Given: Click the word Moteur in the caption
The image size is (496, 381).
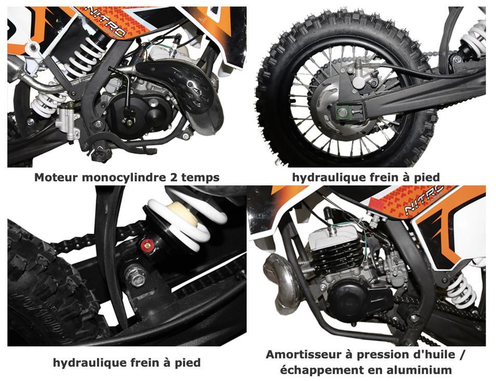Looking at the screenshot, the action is click(x=56, y=177).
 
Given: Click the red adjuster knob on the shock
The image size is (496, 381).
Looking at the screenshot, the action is click(x=145, y=244).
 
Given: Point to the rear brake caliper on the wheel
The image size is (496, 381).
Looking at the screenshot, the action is click(x=360, y=76).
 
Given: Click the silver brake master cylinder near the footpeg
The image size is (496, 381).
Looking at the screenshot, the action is click(x=67, y=122).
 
